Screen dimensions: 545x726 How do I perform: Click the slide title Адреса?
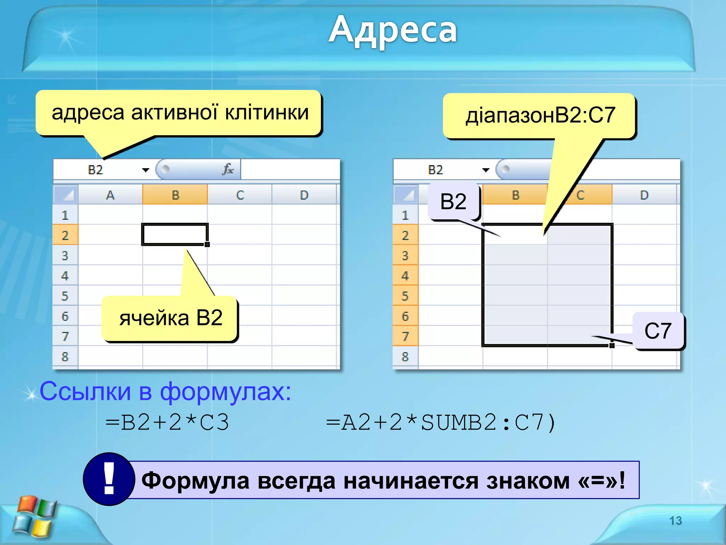(392, 30)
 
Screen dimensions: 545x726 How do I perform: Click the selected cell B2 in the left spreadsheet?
(174, 235)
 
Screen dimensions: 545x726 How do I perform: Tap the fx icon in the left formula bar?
(228, 169)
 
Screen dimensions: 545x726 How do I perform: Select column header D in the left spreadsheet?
(304, 195)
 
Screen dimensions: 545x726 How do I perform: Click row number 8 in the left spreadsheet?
(65, 357)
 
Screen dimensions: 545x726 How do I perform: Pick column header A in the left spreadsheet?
(110, 195)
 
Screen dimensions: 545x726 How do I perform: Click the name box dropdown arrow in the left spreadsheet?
(145, 170)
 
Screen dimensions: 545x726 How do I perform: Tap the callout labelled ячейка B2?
(171, 318)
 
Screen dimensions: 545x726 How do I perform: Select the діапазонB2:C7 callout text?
(540, 115)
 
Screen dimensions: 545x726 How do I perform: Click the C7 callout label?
(658, 331)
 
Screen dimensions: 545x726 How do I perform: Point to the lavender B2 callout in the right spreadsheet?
(453, 202)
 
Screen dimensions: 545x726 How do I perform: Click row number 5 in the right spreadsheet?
(405, 296)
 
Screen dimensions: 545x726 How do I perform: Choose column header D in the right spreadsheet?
(644, 195)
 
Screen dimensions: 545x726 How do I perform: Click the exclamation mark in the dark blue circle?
(109, 479)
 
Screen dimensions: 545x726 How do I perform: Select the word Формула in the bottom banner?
(195, 480)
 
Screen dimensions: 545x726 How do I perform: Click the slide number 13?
(675, 521)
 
